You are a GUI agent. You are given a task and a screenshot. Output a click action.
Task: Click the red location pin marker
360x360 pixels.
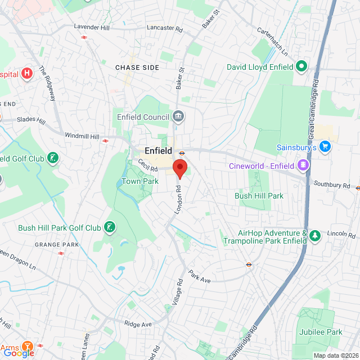pos(179,168)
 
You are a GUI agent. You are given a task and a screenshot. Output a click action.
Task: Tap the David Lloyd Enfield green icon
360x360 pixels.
pos(301,67)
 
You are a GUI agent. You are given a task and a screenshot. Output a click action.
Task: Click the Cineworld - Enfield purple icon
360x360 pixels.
pos(303,165)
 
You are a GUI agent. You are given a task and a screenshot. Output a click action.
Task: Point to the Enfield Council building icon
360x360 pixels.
pos(179,116)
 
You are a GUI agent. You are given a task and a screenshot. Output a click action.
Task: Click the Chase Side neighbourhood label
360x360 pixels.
pos(137,67)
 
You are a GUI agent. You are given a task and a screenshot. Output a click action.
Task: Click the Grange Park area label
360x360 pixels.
pos(57,245)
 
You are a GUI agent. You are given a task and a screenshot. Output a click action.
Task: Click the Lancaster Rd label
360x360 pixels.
pos(164,27)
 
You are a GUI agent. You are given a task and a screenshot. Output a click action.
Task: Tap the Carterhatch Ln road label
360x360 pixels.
pos(272,40)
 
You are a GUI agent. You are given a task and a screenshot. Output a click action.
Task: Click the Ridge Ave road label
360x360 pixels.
pos(138,325)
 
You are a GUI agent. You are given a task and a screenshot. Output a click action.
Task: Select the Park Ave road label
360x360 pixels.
pos(199,276)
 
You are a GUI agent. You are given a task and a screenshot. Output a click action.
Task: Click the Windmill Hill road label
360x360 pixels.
pos(82,137)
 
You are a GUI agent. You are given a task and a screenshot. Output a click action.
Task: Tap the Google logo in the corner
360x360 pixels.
pos(20,353)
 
